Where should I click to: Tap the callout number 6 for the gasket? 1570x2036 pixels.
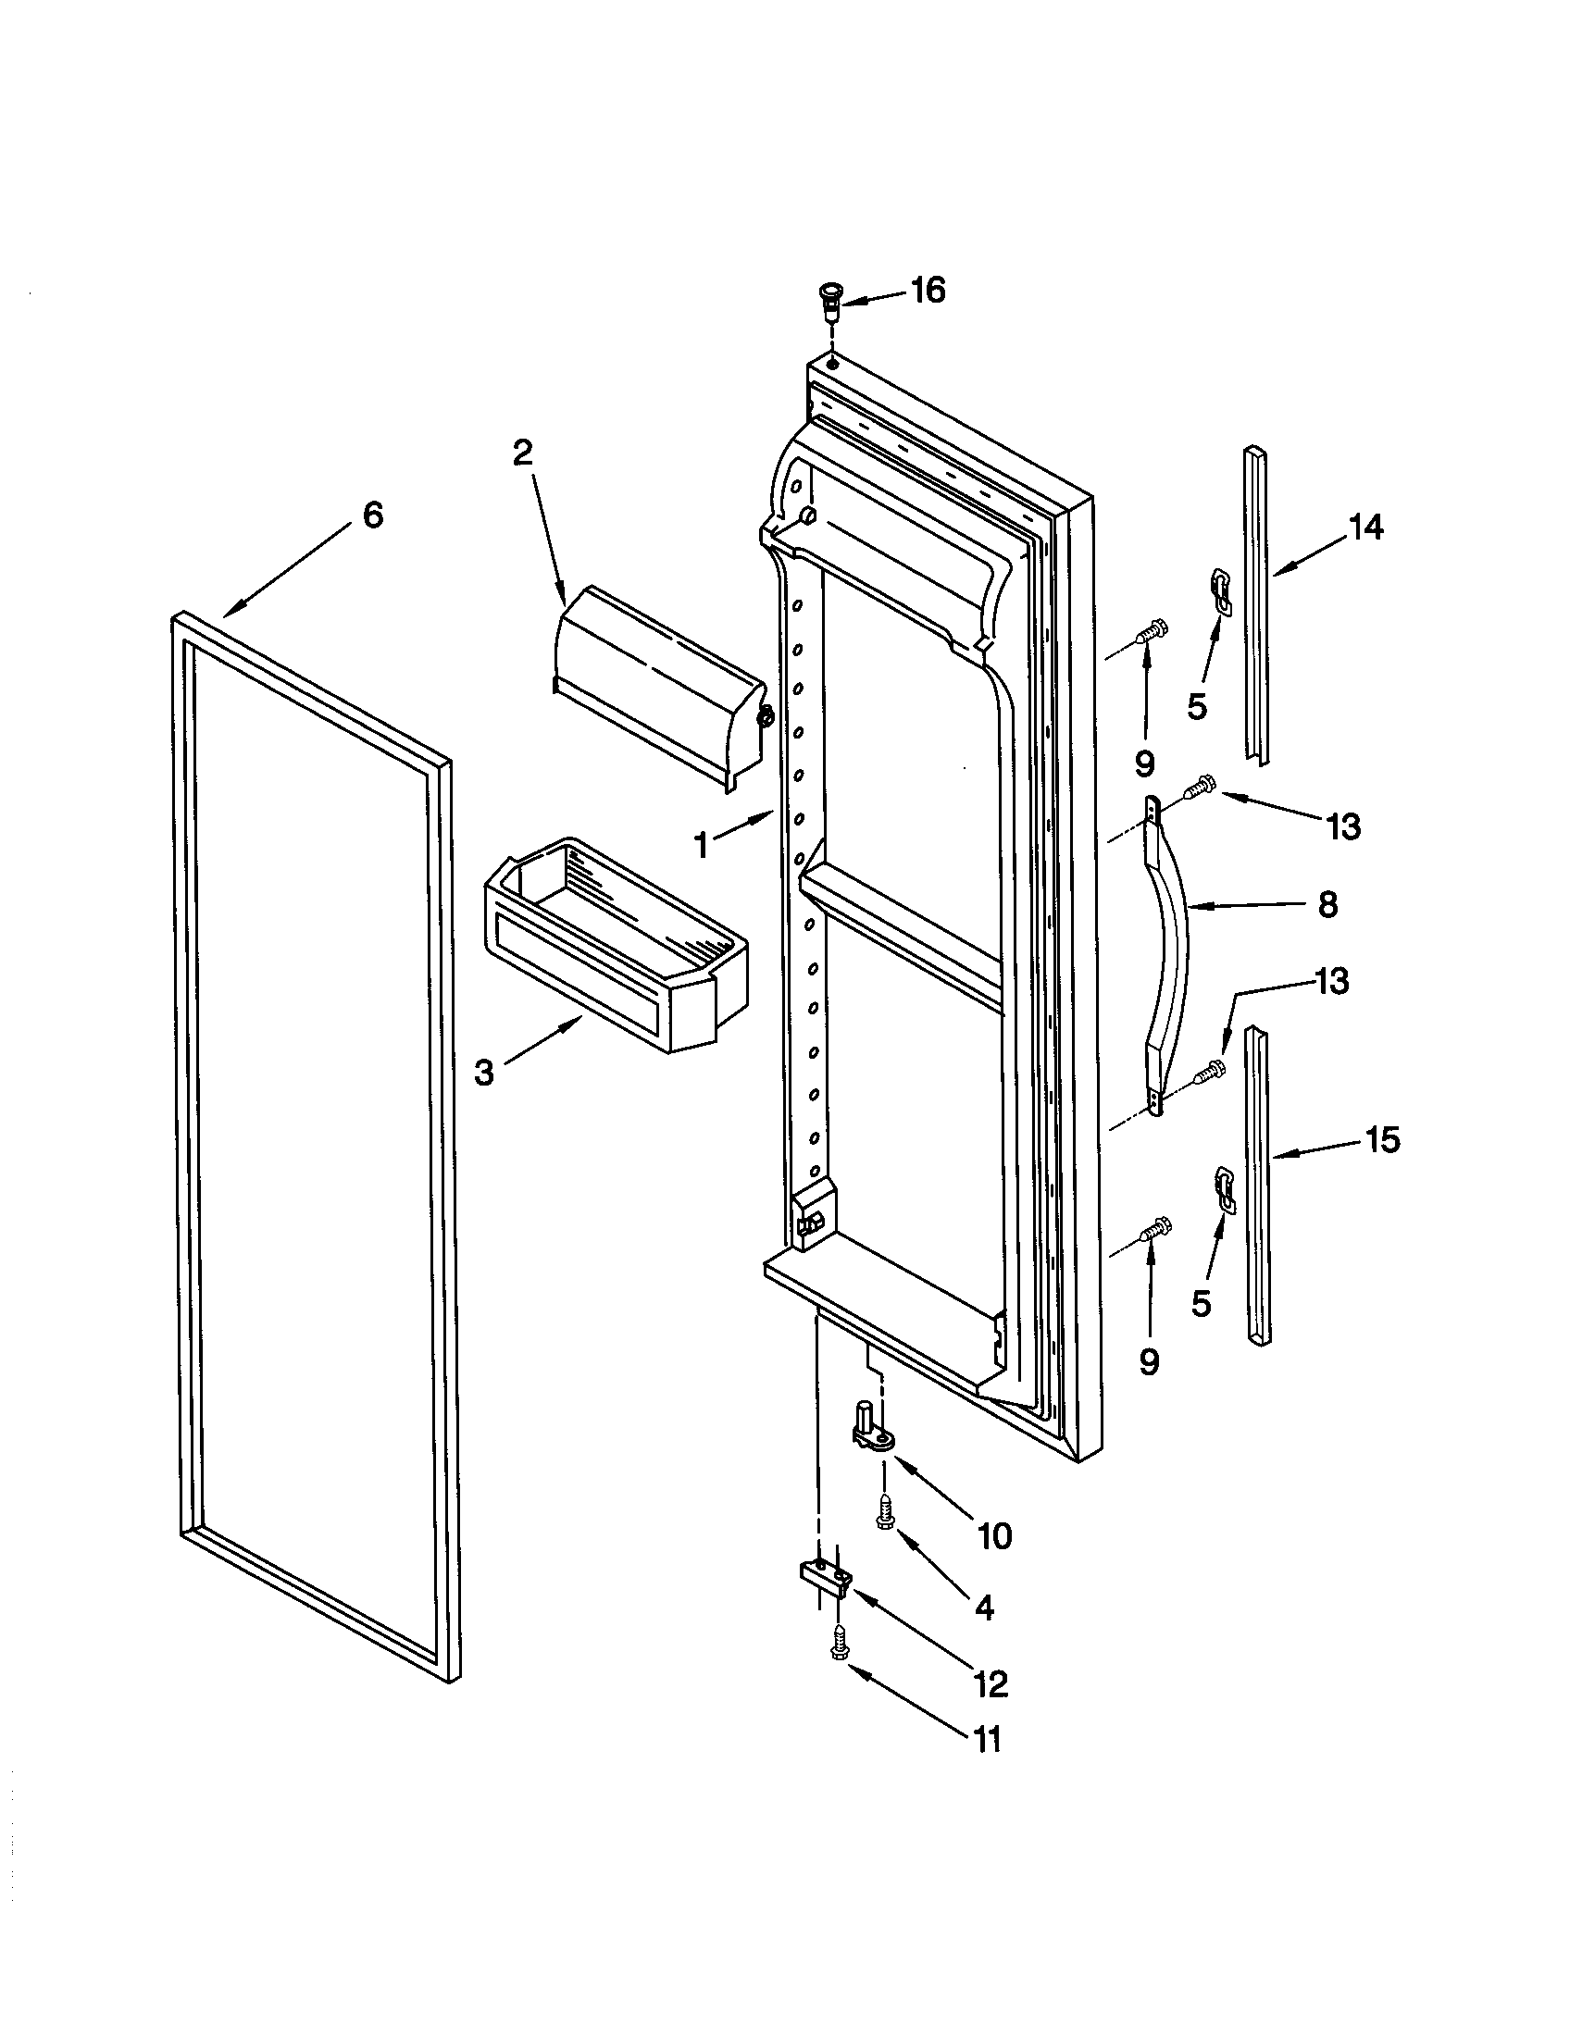(x=372, y=515)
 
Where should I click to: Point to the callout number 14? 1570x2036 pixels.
(x=1365, y=528)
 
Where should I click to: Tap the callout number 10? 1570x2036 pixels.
(x=995, y=1535)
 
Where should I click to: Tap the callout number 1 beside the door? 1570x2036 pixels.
(x=700, y=846)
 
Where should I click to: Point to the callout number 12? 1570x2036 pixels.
(x=991, y=1682)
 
